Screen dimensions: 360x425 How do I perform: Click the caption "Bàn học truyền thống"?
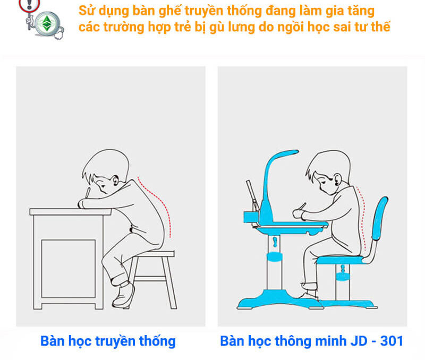tap(108, 340)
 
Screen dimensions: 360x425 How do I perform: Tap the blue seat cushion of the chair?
tap(340, 260)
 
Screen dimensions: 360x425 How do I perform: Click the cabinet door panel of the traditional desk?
tap(61, 268)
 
